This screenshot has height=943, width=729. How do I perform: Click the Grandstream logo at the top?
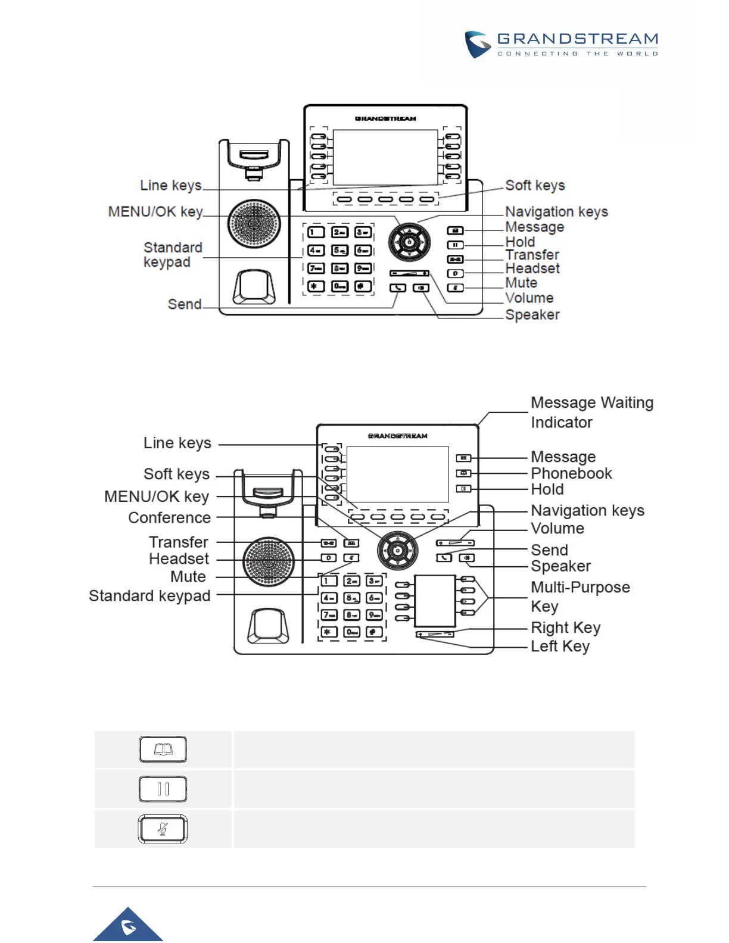point(561,45)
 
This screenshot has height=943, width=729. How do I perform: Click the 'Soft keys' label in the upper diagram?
point(535,186)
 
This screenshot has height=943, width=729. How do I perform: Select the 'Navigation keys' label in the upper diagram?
point(556,212)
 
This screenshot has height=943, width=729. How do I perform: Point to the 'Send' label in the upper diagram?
point(185,304)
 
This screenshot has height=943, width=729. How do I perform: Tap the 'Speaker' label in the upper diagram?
point(532,315)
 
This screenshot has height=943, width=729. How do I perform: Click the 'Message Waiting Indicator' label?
point(591,413)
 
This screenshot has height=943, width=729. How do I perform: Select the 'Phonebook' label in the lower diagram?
point(571,473)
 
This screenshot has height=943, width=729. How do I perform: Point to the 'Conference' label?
point(169,518)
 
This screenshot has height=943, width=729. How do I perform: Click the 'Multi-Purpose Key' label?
point(580,597)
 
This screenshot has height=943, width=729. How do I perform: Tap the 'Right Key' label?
point(565,628)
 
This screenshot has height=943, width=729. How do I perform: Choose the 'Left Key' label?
point(560,647)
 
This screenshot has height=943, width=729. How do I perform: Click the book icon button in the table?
point(163,750)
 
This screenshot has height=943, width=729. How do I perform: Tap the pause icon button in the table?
point(163,789)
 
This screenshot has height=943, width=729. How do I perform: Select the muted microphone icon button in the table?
point(163,829)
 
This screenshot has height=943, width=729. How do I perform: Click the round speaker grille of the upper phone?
point(254,224)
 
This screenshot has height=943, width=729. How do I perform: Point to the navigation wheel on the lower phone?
point(397,551)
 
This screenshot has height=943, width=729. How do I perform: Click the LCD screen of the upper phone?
point(385,158)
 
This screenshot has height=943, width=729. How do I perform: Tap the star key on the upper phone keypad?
point(316,286)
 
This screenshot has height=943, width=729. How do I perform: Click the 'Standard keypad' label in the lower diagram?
point(149,596)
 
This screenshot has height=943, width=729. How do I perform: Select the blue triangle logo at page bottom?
point(128,926)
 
